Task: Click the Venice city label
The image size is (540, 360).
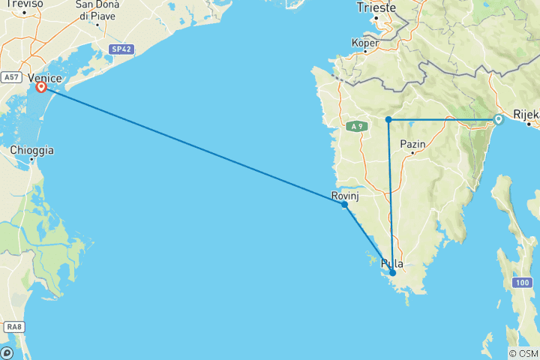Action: tap(44, 76)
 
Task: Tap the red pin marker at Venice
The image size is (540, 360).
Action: tap(41, 87)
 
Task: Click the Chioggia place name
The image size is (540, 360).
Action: tap(32, 150)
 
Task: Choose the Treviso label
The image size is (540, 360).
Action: tap(22, 4)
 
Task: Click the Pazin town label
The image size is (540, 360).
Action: tap(413, 144)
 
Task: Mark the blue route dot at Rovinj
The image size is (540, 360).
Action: tap(344, 204)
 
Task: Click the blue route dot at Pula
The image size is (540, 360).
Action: tap(392, 273)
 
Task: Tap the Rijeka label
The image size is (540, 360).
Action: tap(526, 115)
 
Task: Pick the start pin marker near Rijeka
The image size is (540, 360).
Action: tap(498, 118)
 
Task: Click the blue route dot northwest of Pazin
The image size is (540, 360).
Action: tap(388, 119)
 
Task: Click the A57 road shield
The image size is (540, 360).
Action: tap(10, 76)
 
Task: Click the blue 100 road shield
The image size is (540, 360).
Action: tap(523, 282)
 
